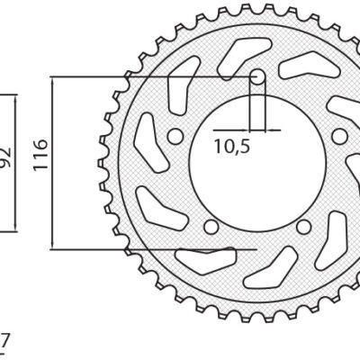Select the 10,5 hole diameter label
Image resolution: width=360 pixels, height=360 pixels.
[232, 147]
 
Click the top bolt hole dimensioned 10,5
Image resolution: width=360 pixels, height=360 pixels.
[258, 79]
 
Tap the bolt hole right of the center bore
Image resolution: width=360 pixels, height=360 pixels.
[339, 136]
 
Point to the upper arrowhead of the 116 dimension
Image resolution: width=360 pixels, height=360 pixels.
[56, 84]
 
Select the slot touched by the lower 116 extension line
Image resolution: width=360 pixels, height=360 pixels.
[196, 258]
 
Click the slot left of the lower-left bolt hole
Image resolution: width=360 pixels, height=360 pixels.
[157, 212]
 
